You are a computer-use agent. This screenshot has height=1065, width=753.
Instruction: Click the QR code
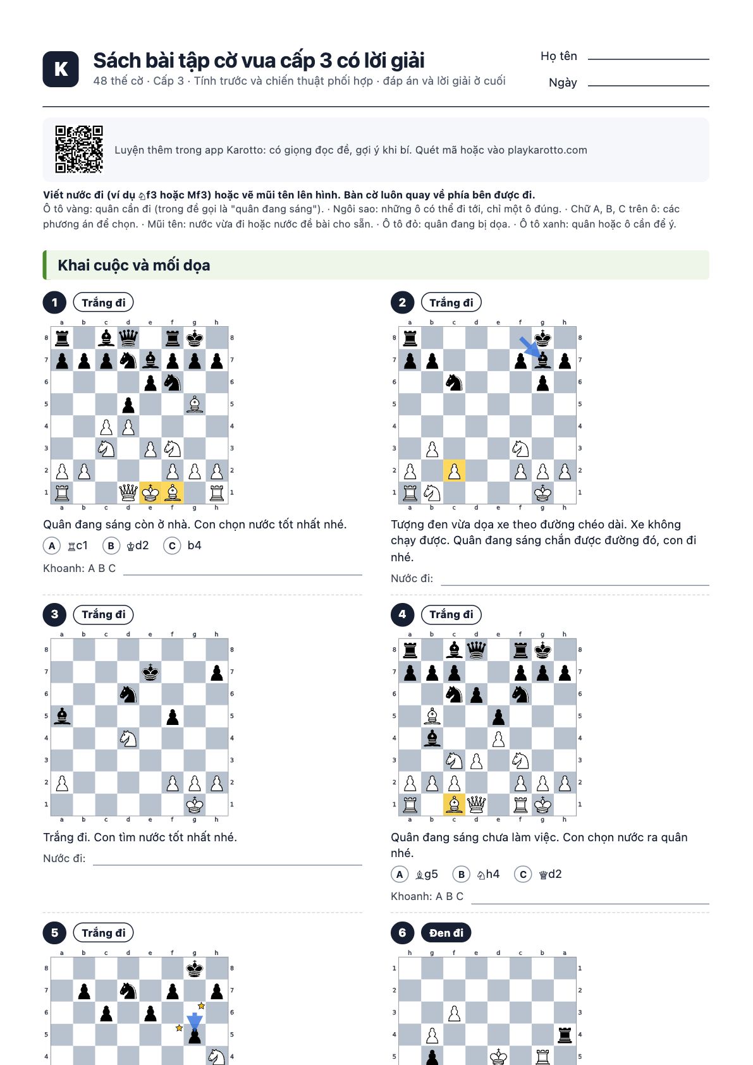[x=79, y=149]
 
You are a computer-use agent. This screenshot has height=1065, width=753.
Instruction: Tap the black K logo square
[x=61, y=69]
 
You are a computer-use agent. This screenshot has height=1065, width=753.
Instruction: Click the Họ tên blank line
[x=648, y=59]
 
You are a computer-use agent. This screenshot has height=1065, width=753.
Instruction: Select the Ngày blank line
[x=648, y=85]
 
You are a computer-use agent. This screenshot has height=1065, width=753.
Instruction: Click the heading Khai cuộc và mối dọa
[x=133, y=265]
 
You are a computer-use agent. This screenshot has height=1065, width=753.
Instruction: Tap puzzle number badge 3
[x=55, y=614]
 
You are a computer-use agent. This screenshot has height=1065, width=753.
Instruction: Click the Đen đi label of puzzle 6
[x=446, y=933]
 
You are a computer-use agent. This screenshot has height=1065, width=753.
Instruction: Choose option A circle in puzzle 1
[x=52, y=546]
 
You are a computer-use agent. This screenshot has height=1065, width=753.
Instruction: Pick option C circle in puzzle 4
[x=523, y=874]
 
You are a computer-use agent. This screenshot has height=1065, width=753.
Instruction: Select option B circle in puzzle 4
[x=461, y=874]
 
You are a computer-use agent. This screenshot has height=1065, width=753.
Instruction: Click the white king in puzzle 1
[x=150, y=492]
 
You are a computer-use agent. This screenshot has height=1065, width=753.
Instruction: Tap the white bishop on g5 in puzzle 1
[x=195, y=404]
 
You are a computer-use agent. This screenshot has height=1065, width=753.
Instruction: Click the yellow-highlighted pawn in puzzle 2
[x=455, y=471]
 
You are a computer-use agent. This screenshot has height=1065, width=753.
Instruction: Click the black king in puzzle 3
[x=150, y=672]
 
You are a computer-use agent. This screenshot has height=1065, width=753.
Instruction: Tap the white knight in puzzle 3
[x=128, y=738]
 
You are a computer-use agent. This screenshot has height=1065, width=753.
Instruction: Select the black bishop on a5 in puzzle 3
[x=62, y=716]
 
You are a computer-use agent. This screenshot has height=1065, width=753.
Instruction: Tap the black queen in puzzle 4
[x=476, y=650]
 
